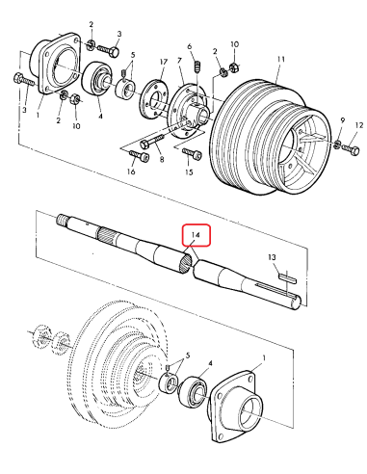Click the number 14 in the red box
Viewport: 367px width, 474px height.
click(195, 234)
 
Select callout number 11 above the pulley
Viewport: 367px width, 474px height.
click(279, 59)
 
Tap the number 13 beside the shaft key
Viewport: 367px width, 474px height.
click(273, 257)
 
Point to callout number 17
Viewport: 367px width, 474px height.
click(163, 60)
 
